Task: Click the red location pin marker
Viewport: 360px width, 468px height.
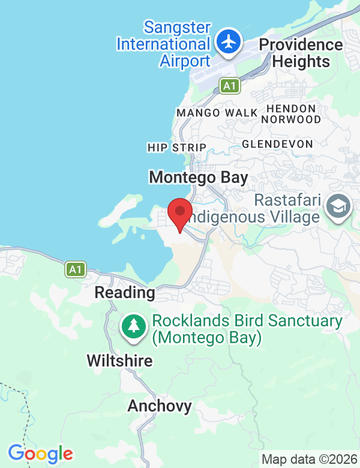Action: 179,214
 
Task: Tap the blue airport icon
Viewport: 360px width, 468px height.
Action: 228,43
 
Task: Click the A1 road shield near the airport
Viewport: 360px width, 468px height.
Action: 229,86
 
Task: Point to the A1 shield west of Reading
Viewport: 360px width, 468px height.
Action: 74,269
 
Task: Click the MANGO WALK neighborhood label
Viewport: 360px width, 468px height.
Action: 217,113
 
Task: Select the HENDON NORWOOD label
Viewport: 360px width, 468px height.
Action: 291,114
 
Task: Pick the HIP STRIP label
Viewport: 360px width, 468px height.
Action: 176,148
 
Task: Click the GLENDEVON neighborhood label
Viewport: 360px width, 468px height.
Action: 277,144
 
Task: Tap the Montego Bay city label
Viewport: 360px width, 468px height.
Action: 199,177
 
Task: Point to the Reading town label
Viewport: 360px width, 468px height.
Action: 125,293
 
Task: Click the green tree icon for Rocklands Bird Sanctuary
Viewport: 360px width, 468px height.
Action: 134,327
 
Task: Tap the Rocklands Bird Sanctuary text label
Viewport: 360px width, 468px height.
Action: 246,329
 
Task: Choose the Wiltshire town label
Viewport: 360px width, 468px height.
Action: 119,361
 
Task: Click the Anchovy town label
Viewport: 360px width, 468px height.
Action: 160,406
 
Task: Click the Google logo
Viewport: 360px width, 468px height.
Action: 40,454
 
